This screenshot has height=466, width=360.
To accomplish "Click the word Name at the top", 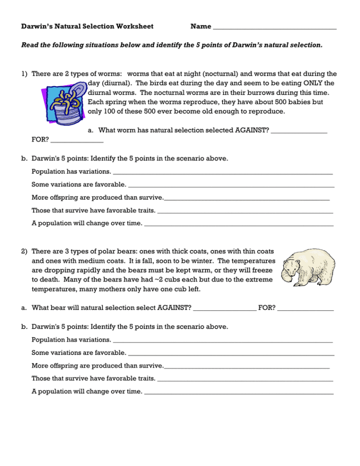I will [200, 26].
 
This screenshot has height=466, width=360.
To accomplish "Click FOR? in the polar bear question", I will [267, 308].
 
